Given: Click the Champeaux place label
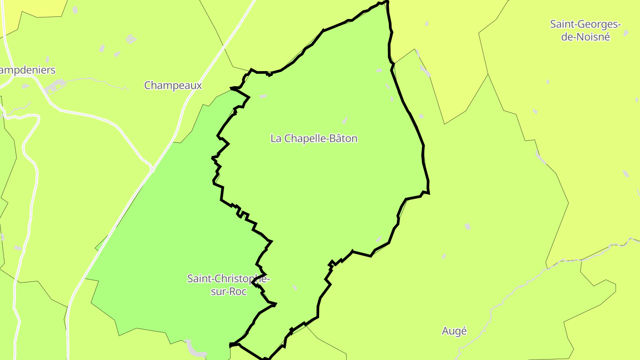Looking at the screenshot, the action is tap(173, 85).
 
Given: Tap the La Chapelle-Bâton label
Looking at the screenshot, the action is tap(314, 138).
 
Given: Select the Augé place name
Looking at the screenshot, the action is tap(454, 331).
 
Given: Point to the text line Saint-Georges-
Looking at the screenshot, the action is tap(585, 24).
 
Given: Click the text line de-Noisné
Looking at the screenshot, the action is tap(585, 37).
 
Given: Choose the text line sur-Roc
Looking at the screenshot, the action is tap(229, 292).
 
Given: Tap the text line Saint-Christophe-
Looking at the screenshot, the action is tap(228, 279).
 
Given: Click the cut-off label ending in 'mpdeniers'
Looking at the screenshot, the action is tap(28, 70).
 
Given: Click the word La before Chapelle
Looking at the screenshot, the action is tap(276, 138).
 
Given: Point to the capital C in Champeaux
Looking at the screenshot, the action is tap(148, 85).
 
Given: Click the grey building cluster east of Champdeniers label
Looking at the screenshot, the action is tap(56, 85).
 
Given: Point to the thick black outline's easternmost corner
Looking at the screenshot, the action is tap(429, 193).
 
